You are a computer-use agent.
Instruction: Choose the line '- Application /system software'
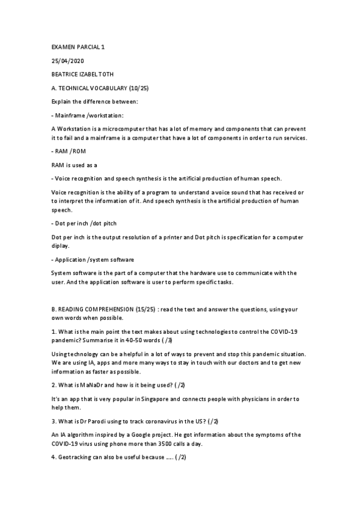point(93,259)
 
